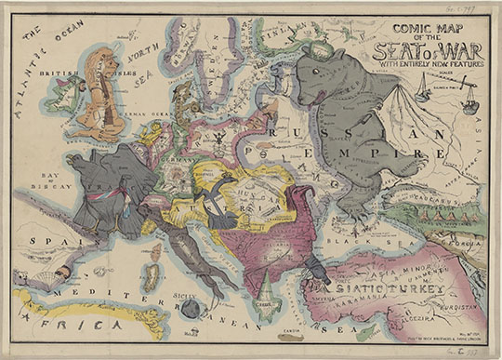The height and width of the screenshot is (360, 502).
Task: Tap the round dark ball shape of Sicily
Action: coord(192,308)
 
